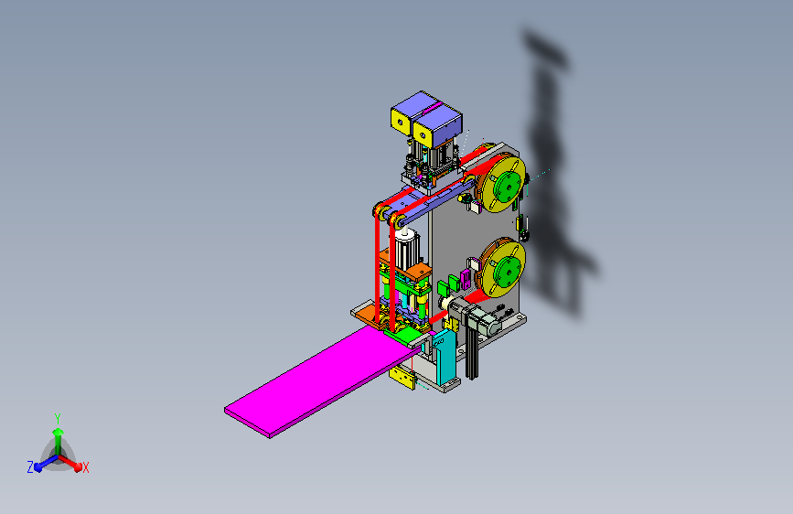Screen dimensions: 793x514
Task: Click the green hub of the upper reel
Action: (508, 184)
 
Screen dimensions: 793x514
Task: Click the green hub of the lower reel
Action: (507, 269)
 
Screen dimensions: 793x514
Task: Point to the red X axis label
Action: (85, 468)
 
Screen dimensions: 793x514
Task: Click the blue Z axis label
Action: (30, 467)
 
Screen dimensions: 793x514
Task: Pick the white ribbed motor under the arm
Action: (406, 250)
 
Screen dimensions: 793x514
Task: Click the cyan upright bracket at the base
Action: (445, 358)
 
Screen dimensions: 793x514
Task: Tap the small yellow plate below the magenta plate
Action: (402, 378)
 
